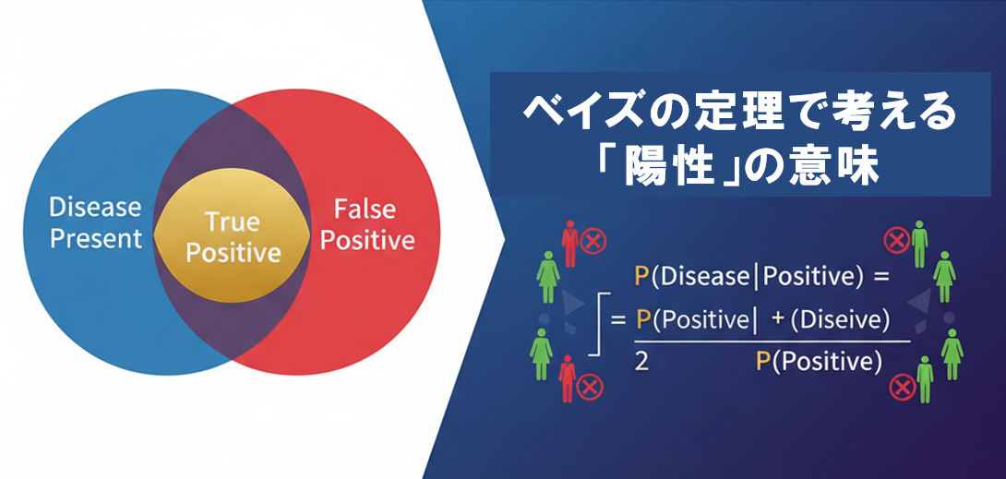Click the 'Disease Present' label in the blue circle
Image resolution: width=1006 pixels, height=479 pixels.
point(96,223)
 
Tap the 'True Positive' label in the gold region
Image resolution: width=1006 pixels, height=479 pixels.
point(233,237)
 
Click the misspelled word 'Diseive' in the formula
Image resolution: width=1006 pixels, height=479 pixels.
point(840,320)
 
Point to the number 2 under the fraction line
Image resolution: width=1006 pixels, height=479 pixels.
point(641,363)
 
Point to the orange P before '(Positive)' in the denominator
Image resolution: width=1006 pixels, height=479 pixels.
point(763,363)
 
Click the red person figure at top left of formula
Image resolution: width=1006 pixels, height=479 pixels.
point(569,243)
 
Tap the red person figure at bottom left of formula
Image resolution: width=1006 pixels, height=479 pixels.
point(568,378)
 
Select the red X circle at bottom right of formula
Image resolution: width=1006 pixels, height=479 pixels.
point(902,388)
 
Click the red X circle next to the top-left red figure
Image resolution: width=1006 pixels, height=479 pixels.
point(593,242)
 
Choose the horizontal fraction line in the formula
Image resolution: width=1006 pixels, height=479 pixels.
point(772,341)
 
